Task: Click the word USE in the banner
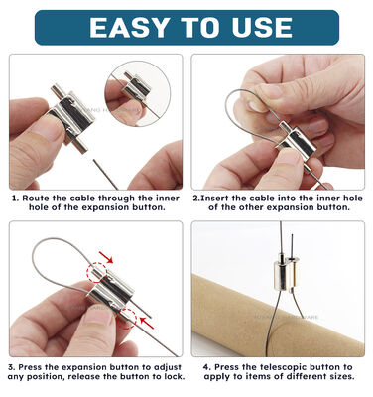pos(262,27)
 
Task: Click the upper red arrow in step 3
pos(106,256)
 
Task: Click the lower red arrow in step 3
pos(147,323)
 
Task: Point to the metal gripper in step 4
pos(285,276)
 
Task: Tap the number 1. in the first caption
pos(15,198)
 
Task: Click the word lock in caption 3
pos(174,376)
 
